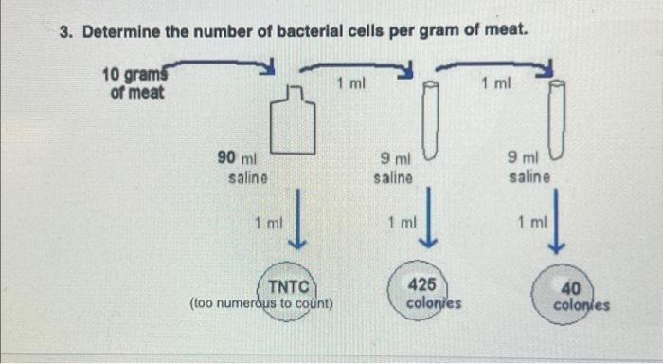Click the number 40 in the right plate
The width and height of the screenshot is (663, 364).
pyautogui.click(x=570, y=288)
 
